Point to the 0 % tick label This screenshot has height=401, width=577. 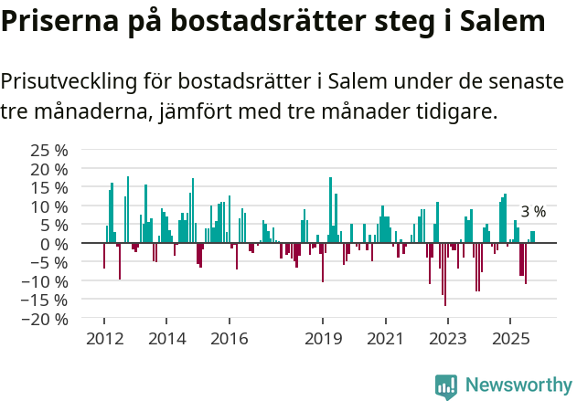[x=56, y=244]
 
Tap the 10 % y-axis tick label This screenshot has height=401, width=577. [x=49, y=206]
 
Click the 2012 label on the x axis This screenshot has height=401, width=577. [x=103, y=339]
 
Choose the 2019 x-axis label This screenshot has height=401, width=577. [x=322, y=339]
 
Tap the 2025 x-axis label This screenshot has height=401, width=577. [x=509, y=339]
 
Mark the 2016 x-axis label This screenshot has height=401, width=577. [x=229, y=339]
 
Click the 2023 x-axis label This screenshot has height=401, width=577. [x=447, y=339]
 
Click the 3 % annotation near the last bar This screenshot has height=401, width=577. [x=533, y=212]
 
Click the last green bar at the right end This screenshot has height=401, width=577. [x=533, y=237]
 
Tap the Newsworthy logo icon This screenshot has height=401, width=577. [x=446, y=385]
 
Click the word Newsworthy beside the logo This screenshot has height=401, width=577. [x=518, y=385]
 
